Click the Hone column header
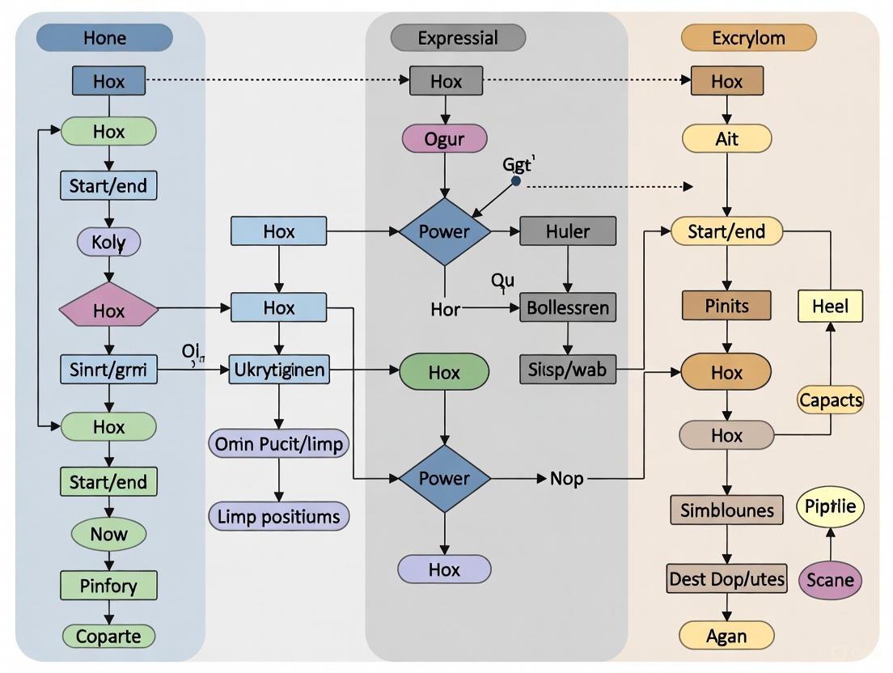pos(105,38)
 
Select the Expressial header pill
pos(458,38)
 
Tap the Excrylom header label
pos(748,38)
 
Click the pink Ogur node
pos(444,139)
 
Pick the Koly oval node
pos(108,241)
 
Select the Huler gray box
pos(567,231)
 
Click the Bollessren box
pos(567,308)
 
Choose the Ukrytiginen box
pos(279,371)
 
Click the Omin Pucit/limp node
pos(279,443)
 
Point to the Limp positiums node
pos(279,516)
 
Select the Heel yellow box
pos(830,307)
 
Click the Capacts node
pos(830,400)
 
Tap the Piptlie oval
pos(830,507)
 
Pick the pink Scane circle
pos(830,580)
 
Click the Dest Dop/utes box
pos(726,579)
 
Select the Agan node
pos(726,636)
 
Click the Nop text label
pos(566,479)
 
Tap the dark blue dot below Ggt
pos(516,182)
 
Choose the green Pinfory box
pos(108,585)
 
